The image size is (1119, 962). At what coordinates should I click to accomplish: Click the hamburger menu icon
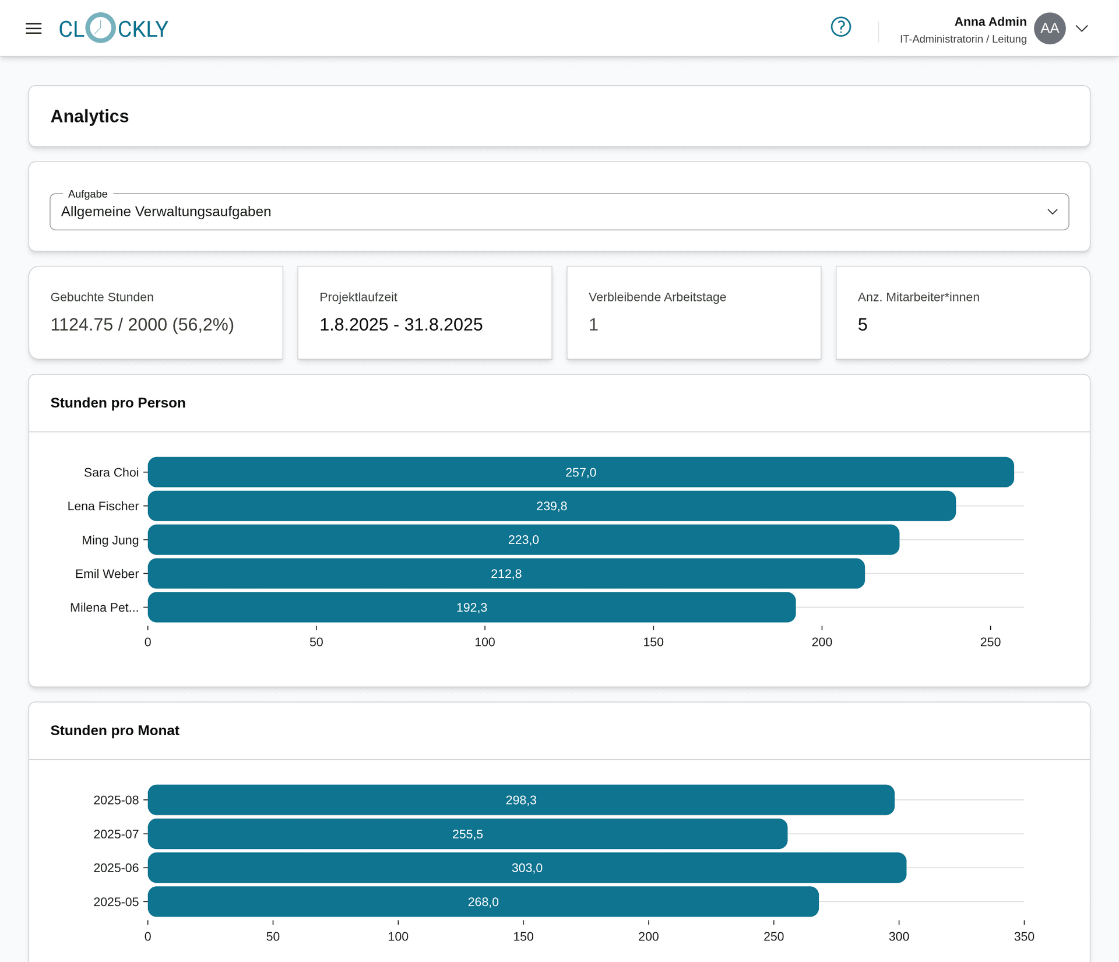(x=34, y=28)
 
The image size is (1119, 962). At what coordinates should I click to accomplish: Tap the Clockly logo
(x=114, y=28)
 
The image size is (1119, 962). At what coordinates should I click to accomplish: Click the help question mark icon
(x=840, y=27)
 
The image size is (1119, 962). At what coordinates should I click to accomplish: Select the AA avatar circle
(x=1050, y=28)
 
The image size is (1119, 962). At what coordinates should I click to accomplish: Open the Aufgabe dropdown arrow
(x=1052, y=212)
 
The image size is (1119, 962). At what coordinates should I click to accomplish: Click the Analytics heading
(x=90, y=117)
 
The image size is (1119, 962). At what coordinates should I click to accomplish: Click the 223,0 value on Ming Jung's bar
(x=523, y=540)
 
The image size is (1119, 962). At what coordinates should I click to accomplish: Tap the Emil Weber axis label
(x=107, y=574)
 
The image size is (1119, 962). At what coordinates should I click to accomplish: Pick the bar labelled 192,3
(x=471, y=608)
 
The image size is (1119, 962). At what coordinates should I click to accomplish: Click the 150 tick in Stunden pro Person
(x=653, y=642)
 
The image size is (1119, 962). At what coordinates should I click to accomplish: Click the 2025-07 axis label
(x=116, y=834)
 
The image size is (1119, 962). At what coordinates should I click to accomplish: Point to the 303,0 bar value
(x=527, y=868)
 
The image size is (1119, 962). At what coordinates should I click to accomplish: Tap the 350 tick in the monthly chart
(x=1024, y=936)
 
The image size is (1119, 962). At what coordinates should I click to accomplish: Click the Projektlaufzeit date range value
(x=401, y=325)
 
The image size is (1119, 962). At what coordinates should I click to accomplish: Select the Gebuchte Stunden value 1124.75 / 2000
(x=142, y=325)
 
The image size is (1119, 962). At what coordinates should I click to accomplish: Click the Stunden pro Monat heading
(x=115, y=731)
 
